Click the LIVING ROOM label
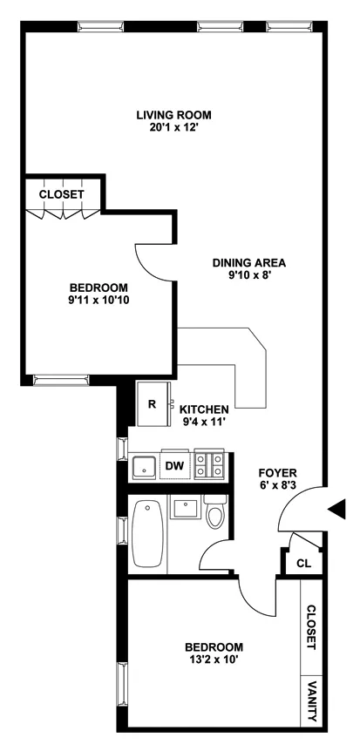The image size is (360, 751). click(174, 114)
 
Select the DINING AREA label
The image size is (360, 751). click(250, 262)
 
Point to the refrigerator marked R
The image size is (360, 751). click(152, 404)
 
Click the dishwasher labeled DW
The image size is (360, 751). click(174, 466)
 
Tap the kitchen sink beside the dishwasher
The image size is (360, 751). click(144, 466)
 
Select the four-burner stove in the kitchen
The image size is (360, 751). click(210, 465)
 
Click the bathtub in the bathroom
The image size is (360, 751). click(147, 535)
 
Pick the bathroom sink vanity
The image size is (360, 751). click(185, 509)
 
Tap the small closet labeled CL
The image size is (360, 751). click(302, 563)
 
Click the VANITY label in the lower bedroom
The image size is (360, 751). click(311, 700)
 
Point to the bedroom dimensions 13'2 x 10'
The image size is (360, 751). click(214, 661)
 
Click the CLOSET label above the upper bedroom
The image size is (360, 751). click(62, 194)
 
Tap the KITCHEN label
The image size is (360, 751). click(204, 409)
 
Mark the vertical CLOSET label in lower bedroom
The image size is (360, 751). click(311, 628)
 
